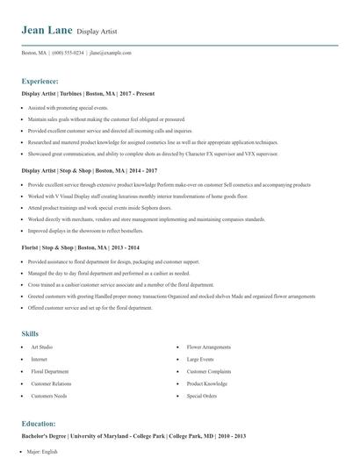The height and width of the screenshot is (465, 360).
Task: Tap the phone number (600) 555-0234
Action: tap(68, 53)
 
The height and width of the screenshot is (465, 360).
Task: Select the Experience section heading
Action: tap(40, 80)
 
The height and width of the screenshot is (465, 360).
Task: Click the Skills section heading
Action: tap(30, 333)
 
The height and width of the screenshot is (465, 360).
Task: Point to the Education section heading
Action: tap(39, 423)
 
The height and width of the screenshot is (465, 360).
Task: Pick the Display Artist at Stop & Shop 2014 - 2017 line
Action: tap(89, 170)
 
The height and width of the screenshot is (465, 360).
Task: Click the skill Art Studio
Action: tap(43, 347)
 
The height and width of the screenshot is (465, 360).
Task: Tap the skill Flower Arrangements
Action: tap(209, 347)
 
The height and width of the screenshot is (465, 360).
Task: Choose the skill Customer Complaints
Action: tap(208, 372)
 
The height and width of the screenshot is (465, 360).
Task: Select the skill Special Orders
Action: tap(201, 397)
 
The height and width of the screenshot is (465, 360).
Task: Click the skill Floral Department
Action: tap(49, 372)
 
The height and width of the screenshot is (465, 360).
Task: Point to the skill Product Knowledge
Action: tap(207, 384)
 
